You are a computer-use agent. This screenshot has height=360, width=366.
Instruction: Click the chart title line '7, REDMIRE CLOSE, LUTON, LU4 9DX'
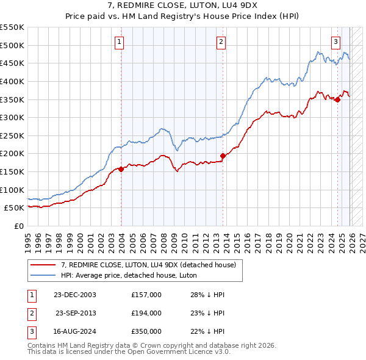click(x=183, y=7)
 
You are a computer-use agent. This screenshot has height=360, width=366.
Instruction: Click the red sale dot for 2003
click(x=121, y=169)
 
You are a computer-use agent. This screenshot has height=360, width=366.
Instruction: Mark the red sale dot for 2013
click(x=223, y=156)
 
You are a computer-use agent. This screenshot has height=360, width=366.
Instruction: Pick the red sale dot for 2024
click(x=337, y=99)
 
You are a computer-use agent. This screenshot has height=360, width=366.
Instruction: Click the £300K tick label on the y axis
click(x=13, y=117)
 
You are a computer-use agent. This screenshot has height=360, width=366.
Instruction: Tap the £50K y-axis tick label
click(x=15, y=208)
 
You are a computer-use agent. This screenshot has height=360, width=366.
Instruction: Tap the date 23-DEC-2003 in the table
click(x=75, y=295)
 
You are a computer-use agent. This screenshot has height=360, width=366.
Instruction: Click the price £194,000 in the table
click(x=146, y=313)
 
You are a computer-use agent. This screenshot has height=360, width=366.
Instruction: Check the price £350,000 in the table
click(x=146, y=331)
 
